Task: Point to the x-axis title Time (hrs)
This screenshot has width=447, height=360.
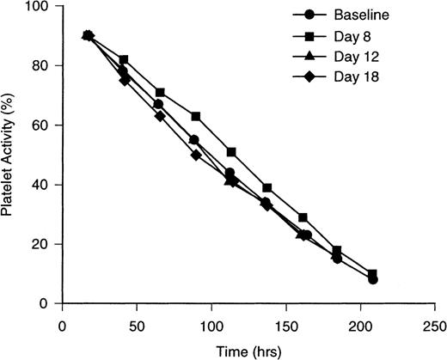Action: [x=254, y=350]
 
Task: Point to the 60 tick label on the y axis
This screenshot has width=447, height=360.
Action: [x=40, y=125]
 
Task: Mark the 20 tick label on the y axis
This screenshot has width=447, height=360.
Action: [x=40, y=244]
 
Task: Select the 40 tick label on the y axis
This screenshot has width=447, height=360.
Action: [x=40, y=185]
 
